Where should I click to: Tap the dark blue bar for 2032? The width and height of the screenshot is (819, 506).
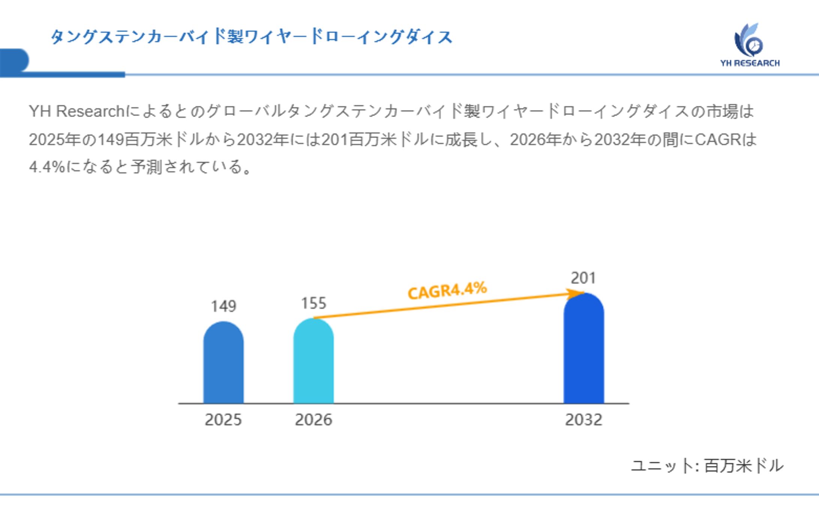583,349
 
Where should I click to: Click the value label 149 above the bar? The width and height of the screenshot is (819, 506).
223,306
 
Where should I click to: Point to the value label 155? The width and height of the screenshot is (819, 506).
313,303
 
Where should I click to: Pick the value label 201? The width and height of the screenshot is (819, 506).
583,278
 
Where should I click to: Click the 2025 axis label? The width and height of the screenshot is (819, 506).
223,420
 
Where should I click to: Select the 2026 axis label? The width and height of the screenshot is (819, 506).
313,420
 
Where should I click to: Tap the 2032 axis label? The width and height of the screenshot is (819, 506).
583,420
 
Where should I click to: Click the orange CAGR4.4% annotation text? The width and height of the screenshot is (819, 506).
447,291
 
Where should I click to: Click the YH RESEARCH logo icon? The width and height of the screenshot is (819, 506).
748,41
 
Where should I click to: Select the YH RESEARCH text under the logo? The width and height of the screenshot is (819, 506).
750,63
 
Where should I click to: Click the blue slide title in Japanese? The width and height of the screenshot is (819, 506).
251,37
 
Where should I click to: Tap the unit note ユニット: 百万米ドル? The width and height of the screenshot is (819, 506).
707,466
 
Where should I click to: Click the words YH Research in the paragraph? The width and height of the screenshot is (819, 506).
76,111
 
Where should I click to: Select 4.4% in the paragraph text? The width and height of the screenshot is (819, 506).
47,167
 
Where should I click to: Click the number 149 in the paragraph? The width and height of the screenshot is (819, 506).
111,140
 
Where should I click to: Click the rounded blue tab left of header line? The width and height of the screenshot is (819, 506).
14,60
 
